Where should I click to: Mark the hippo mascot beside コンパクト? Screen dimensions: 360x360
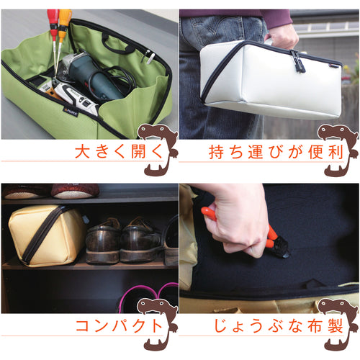tap(157, 320)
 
